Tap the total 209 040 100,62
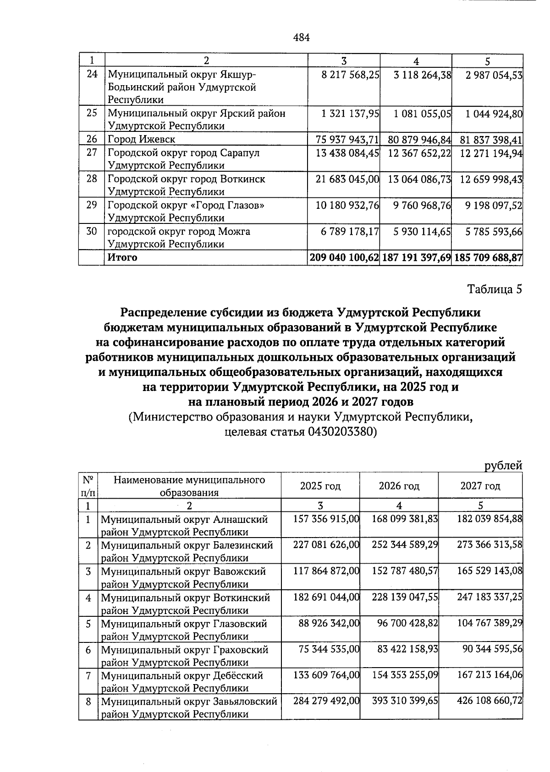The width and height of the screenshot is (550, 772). (344, 257)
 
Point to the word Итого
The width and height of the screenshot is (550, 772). (122, 257)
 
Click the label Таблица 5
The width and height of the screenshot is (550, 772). (495, 289)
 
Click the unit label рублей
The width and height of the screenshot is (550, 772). (503, 466)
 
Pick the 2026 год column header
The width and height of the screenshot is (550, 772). (399, 486)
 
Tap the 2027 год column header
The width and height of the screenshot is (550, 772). (480, 486)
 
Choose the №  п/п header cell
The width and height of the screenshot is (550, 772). (88, 486)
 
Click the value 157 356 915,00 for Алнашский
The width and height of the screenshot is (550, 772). (326, 519)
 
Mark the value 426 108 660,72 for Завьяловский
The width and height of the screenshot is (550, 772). (490, 701)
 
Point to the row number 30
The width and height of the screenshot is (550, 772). (92, 232)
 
